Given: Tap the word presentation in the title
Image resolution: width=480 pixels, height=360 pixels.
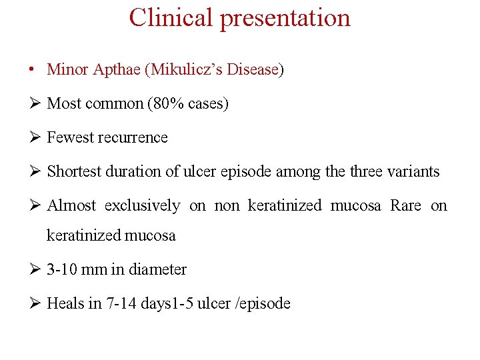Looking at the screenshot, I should tap(285, 18).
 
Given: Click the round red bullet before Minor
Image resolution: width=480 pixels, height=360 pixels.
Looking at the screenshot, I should tap(32, 69).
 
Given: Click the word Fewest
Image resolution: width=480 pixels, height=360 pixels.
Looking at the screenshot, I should tap(69, 137).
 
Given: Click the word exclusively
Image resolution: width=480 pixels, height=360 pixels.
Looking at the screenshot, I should tap(142, 205).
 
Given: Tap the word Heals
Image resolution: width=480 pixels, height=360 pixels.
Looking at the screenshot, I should tap(65, 303).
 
